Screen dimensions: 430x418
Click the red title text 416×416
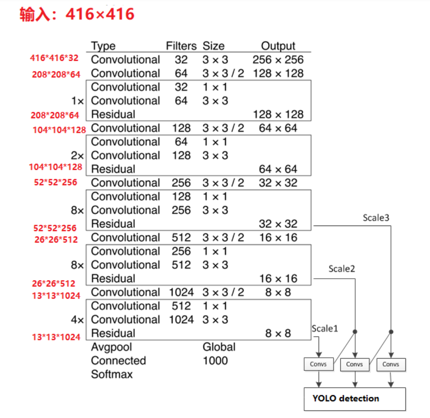pos(100,14)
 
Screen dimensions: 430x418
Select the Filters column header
pos(181,46)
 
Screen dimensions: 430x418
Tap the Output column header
pos(278,46)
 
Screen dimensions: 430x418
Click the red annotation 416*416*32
pos(54,58)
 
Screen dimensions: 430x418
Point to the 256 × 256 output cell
pos(278,60)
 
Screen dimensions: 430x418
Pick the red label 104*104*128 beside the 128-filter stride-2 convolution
pos(59,130)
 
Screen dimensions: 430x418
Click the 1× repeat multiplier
pos(77,101)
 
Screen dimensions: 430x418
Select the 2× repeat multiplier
pos(77,155)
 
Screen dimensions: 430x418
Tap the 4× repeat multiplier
pos(77,320)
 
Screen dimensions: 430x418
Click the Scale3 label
pos(376,218)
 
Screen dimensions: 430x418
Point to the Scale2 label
pos(342,269)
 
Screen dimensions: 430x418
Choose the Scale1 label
pos(325,328)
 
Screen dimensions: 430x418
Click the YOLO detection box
pos(355,399)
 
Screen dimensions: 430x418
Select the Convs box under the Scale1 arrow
pos(319,364)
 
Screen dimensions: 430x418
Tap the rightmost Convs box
pos(391,364)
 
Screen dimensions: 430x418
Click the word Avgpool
pos(111,347)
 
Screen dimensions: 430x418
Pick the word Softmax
pos(112,374)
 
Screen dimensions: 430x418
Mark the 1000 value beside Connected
pos(215,361)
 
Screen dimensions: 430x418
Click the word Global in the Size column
pos(219,347)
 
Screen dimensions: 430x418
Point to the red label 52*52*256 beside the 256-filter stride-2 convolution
pos(55,182)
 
